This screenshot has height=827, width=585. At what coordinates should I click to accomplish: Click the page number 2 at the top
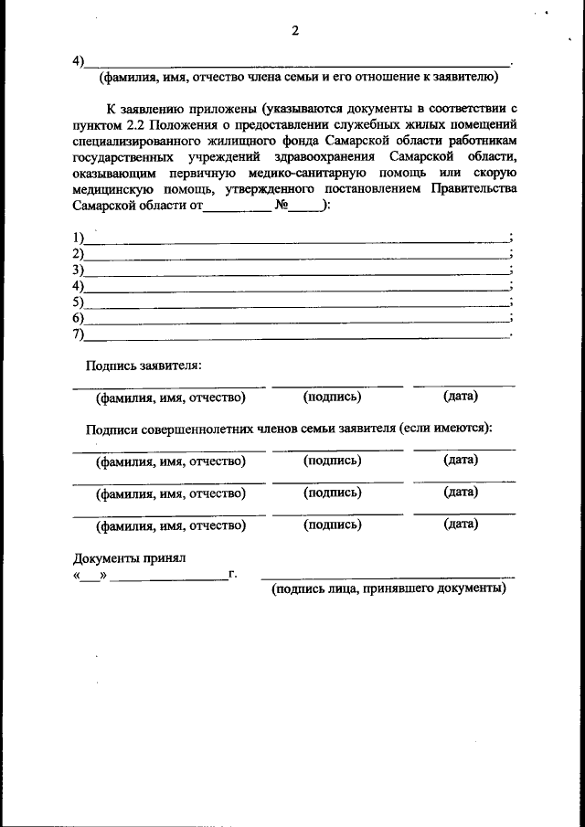(x=295, y=31)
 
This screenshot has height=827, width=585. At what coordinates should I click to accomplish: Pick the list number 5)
(x=79, y=302)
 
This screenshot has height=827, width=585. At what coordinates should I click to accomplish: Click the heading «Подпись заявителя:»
(x=144, y=366)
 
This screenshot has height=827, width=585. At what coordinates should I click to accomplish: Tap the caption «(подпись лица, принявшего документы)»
(x=388, y=589)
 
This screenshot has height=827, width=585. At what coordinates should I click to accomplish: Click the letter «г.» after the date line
(x=233, y=574)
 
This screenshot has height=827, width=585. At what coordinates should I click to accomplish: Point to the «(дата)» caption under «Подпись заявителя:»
(x=461, y=397)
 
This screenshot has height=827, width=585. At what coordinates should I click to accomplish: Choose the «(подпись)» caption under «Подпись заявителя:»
(x=332, y=397)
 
